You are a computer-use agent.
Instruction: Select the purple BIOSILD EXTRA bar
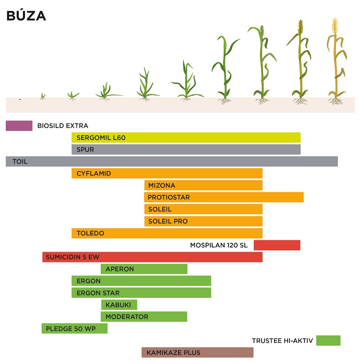pyautogui.click(x=19, y=126)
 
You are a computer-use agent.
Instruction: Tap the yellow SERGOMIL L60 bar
pyautogui.click(x=186, y=138)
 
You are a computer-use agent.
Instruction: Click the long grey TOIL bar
pyautogui.click(x=172, y=162)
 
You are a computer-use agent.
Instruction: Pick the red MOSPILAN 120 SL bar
pyautogui.click(x=277, y=245)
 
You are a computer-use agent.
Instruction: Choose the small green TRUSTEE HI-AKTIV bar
pyautogui.click(x=328, y=341)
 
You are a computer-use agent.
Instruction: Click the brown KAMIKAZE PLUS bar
pyautogui.click(x=197, y=352)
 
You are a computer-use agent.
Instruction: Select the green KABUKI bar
pyautogui.click(x=119, y=305)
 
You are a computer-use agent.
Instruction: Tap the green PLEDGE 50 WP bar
pyautogui.click(x=74, y=329)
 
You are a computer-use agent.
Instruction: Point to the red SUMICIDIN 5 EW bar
pyautogui.click(x=152, y=257)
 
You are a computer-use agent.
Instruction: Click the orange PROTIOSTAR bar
pyautogui.click(x=224, y=197)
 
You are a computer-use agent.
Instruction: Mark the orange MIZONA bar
pyautogui.click(x=203, y=185)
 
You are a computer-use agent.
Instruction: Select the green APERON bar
pyautogui.click(x=144, y=269)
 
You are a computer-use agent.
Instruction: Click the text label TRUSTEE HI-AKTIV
pyautogui.click(x=282, y=341)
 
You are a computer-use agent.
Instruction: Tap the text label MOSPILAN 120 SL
pyautogui.click(x=219, y=245)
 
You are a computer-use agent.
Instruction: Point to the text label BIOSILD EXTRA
pyautogui.click(x=63, y=126)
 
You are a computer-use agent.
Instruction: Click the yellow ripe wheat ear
pyautogui.click(x=335, y=25)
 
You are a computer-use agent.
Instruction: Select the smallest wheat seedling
pyautogui.click(x=43, y=96)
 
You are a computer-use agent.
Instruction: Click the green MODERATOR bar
pyautogui.click(x=144, y=317)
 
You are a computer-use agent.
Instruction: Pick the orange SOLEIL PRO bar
pyautogui.click(x=203, y=221)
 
